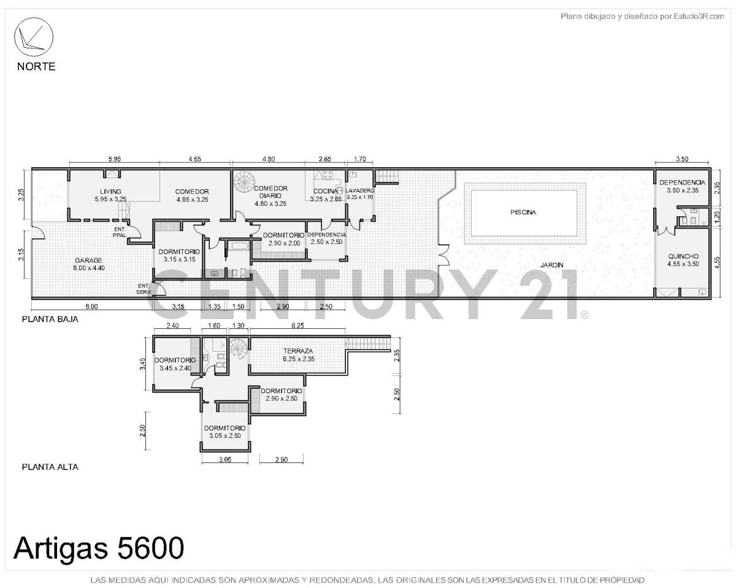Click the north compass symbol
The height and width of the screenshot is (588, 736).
click(x=34, y=37)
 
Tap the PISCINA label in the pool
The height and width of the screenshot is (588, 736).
click(x=523, y=213)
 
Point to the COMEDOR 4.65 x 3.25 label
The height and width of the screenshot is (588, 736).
click(x=192, y=195)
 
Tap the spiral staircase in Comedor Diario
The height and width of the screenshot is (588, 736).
click(x=246, y=181)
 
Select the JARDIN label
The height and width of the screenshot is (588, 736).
click(x=552, y=265)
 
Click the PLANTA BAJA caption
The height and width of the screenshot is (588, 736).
click(x=50, y=319)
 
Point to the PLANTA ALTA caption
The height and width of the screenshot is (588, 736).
click(x=50, y=467)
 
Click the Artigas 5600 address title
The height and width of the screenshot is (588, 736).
click(x=98, y=547)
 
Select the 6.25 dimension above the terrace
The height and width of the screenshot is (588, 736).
click(x=297, y=326)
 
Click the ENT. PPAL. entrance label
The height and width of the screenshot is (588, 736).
click(x=120, y=232)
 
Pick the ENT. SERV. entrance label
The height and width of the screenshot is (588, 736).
click(x=144, y=288)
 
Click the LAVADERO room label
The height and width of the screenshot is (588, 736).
click(x=360, y=190)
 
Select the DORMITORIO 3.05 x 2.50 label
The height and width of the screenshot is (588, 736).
click(x=225, y=432)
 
